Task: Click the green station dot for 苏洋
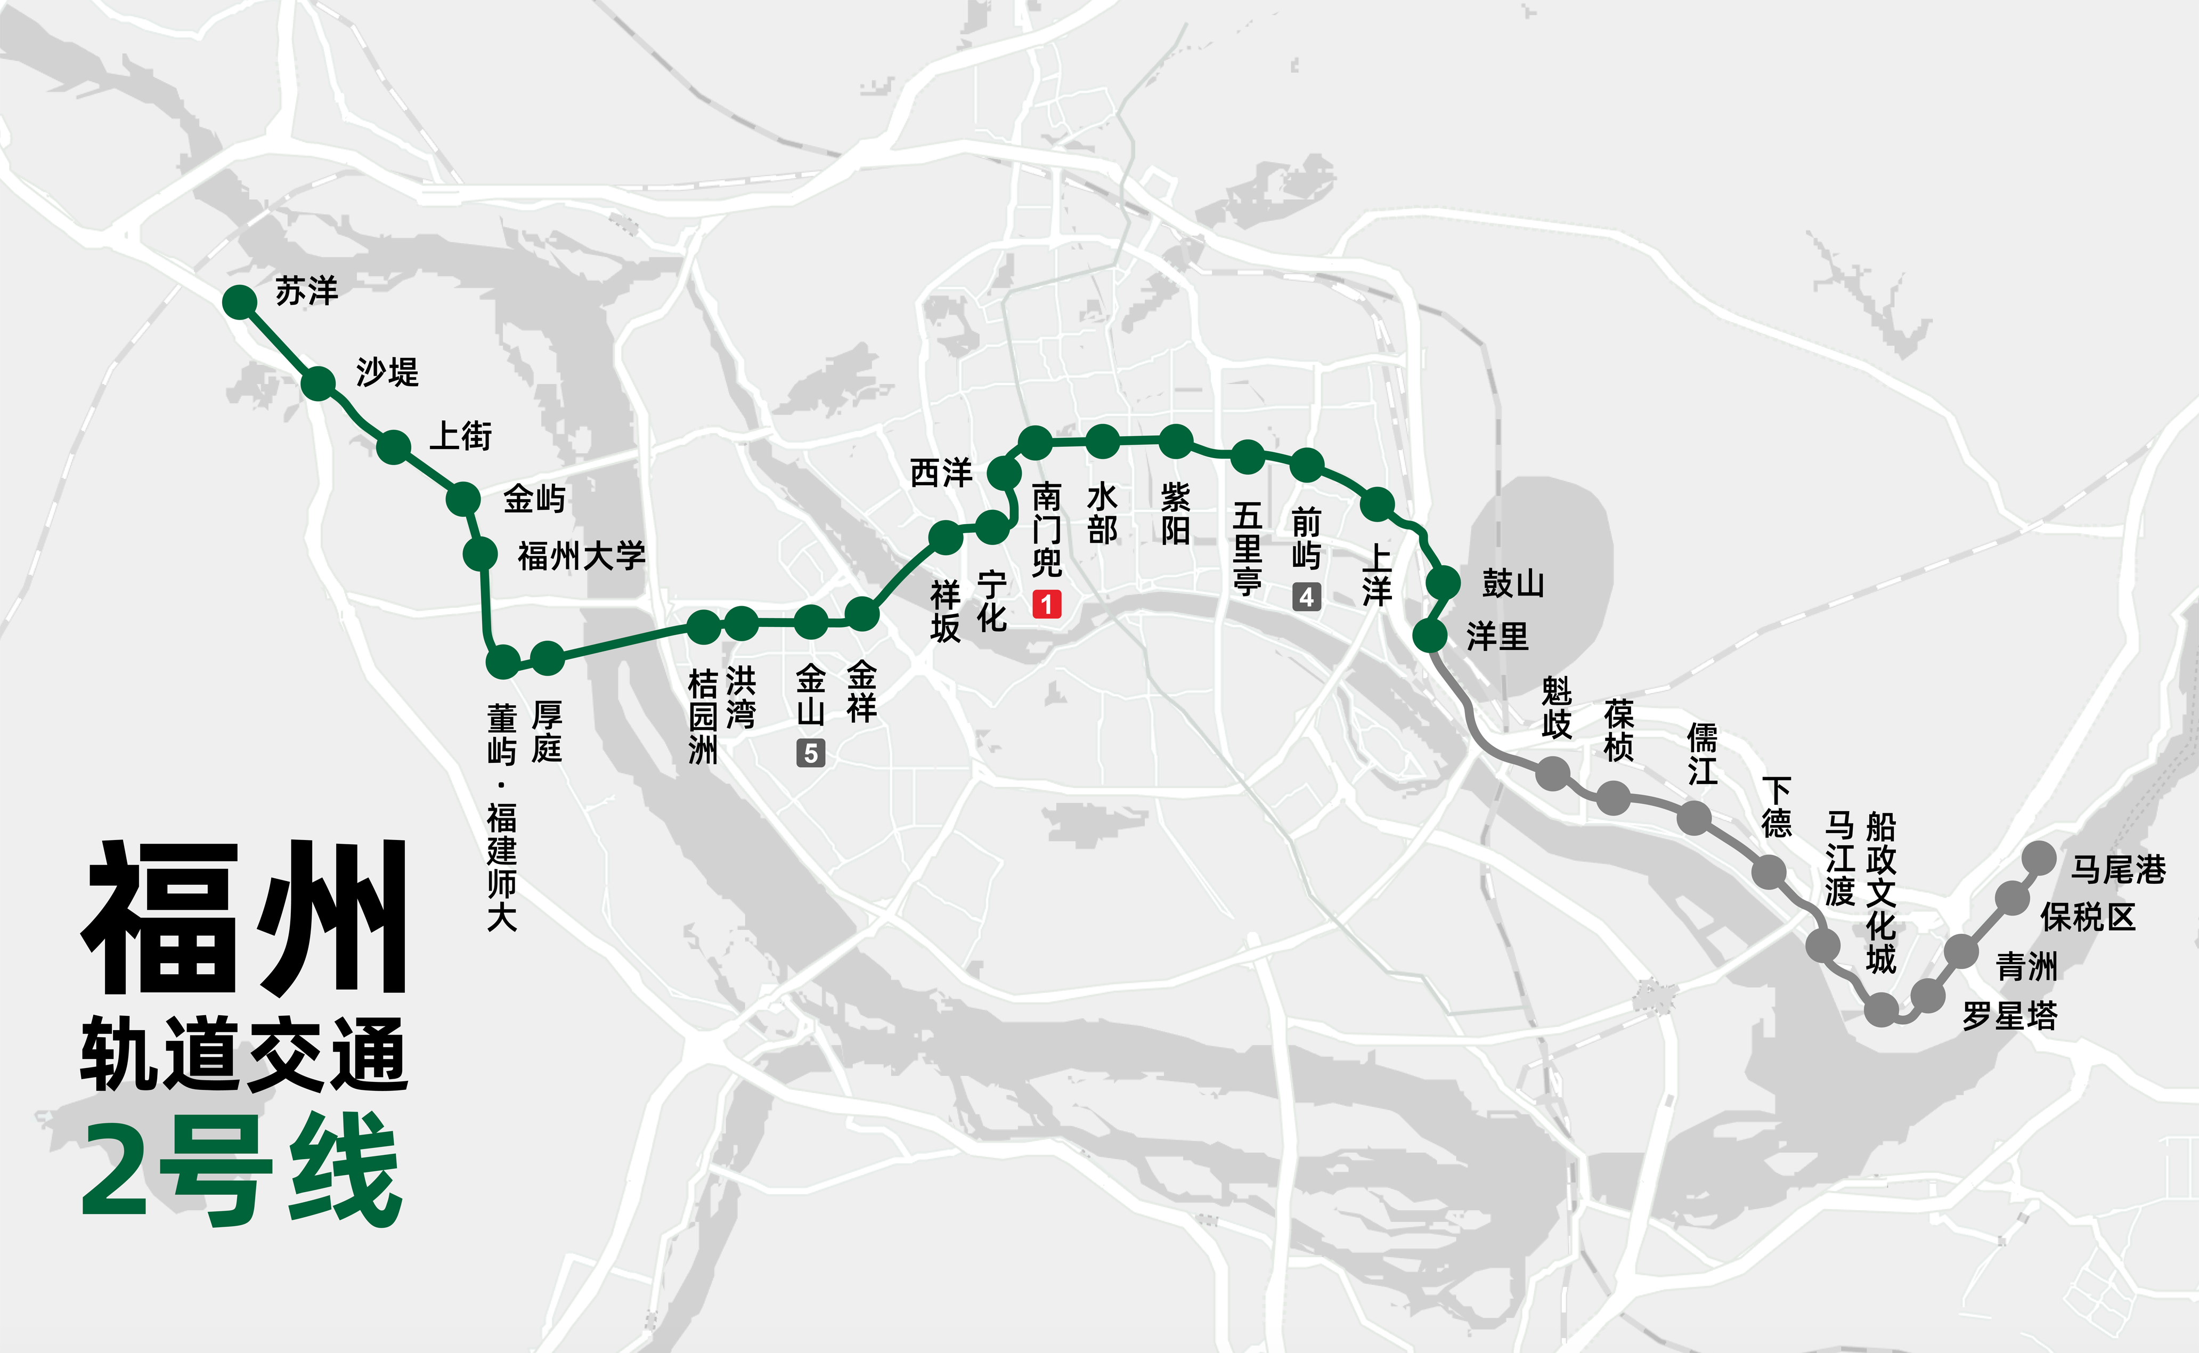[x=240, y=303]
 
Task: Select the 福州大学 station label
[x=582, y=556]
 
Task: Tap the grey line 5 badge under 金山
[x=811, y=753]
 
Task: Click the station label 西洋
[x=941, y=472]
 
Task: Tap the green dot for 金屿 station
[x=463, y=499]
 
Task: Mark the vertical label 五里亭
[x=1247, y=548]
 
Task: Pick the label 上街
[x=461, y=436]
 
